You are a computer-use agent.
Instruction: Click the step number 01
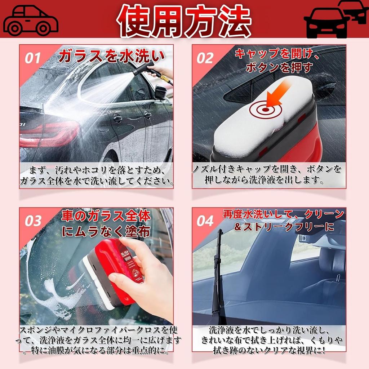(33, 58)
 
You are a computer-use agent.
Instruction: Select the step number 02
(205, 58)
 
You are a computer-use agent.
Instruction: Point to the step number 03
(33, 221)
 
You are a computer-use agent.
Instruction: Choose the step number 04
(205, 221)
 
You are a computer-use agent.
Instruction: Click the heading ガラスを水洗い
(112, 57)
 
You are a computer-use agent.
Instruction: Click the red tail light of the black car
(50, 133)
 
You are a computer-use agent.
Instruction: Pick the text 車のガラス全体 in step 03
(106, 216)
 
